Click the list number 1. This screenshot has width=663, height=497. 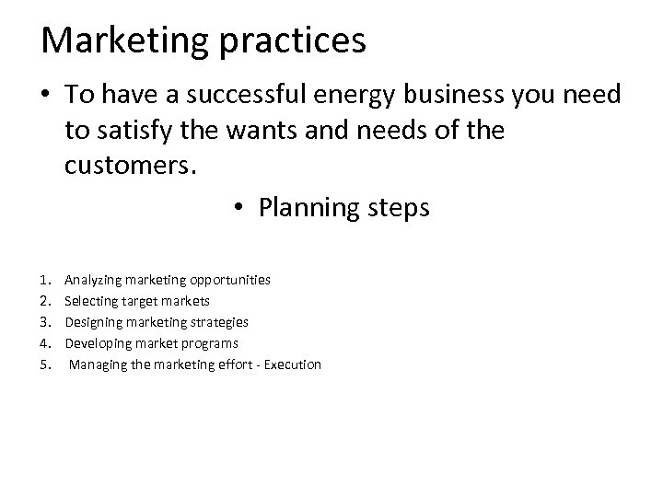(x=45, y=278)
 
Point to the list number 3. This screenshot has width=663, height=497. (x=45, y=322)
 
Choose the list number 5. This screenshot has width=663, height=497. (x=45, y=365)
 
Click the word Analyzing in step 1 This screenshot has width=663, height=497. (x=94, y=278)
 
